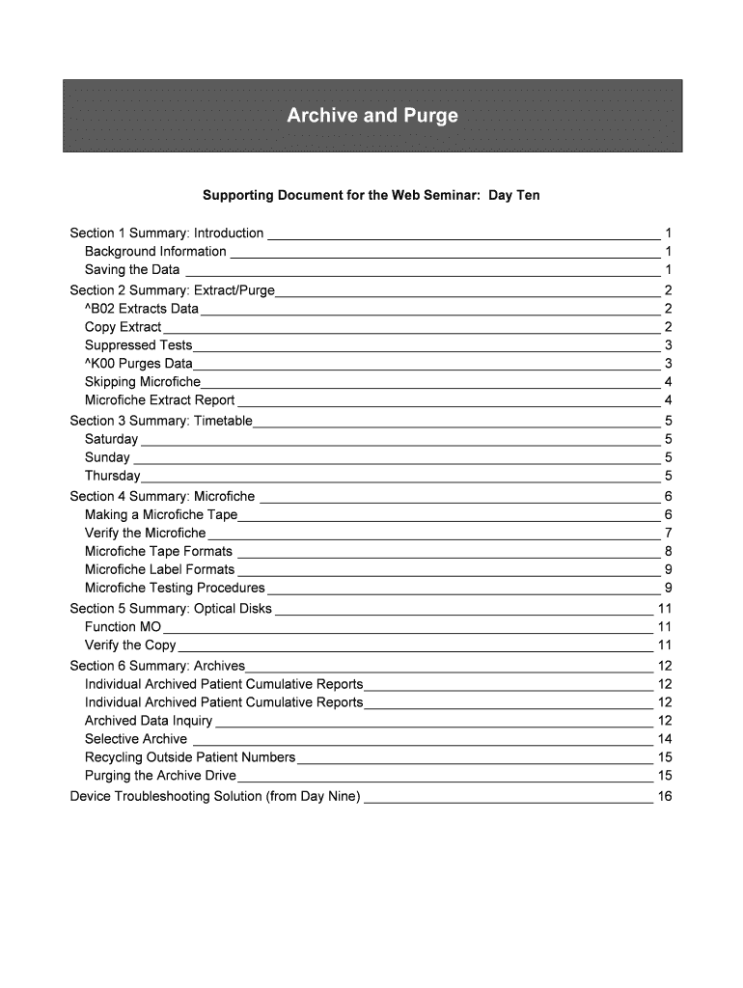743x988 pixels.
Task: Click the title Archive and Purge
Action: [x=371, y=117]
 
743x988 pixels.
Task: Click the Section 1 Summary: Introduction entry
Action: [x=167, y=233]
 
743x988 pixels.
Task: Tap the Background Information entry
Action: [x=155, y=252]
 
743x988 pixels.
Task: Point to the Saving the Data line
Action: [x=132, y=270]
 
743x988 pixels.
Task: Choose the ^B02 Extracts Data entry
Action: [x=142, y=309]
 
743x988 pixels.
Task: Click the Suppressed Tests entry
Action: [x=139, y=345]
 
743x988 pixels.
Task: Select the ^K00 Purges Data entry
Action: [x=139, y=364]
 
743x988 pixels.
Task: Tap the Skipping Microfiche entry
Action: [x=143, y=382]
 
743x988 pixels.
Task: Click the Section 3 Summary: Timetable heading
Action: [x=161, y=421]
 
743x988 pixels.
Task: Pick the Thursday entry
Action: [x=112, y=476]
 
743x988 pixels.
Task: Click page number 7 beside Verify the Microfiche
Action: [x=668, y=533]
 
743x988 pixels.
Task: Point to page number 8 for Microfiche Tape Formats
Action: [x=668, y=552]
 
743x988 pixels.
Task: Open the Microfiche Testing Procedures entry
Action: [x=175, y=588]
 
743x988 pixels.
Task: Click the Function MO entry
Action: [x=124, y=627]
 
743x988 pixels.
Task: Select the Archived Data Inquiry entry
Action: [x=149, y=721]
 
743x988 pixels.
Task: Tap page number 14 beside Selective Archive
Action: [x=664, y=739]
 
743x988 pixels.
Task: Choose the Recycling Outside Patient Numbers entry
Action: [x=190, y=757]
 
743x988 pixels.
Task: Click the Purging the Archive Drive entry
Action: [x=160, y=776]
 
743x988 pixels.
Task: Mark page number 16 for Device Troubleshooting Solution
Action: [x=664, y=797]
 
